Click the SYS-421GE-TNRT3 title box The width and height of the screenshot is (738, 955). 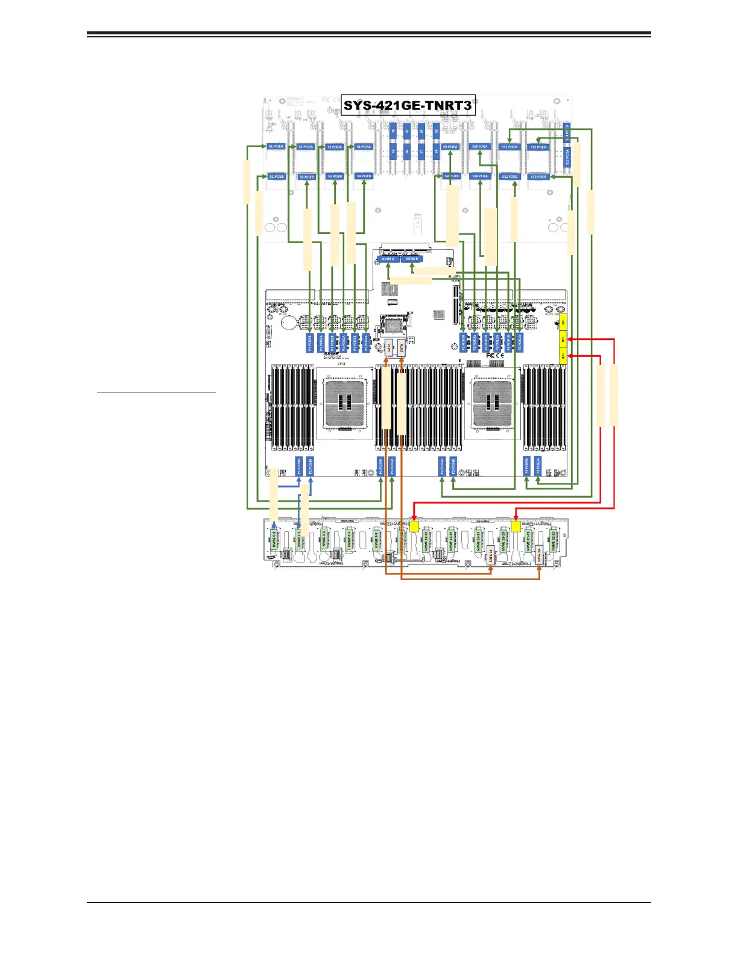coord(408,106)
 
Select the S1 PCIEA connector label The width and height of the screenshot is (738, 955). coord(276,147)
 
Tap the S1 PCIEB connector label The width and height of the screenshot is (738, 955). coord(276,177)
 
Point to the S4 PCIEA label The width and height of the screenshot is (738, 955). coord(364,147)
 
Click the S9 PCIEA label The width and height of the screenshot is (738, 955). coord(450,147)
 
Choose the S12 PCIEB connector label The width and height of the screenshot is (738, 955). coord(538,177)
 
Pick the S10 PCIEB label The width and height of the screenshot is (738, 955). coord(480,177)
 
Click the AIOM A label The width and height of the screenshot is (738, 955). coord(388,259)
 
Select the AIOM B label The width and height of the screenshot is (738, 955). coord(411,259)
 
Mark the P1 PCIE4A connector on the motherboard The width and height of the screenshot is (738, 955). coord(299,466)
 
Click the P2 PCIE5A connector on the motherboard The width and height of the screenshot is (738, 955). coord(538,466)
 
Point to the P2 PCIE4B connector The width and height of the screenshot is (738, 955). coord(453,466)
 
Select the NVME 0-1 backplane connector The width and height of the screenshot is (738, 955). coord(274,538)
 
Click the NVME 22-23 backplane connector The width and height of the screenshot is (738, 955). coord(553,538)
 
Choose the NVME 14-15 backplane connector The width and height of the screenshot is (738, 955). coord(450,538)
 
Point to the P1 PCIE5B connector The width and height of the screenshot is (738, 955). coord(380,466)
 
